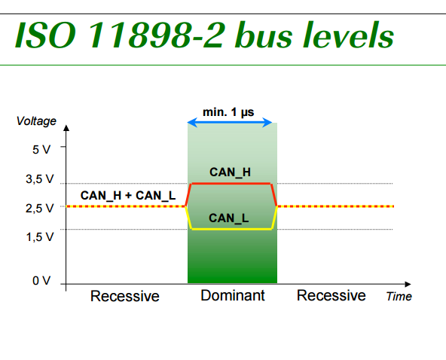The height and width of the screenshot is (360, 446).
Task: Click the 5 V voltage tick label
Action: pyautogui.click(x=42, y=149)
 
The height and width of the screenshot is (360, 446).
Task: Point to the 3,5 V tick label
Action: pyautogui.click(x=38, y=180)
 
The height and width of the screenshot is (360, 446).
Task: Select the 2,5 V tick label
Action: pyautogui.click(x=38, y=208)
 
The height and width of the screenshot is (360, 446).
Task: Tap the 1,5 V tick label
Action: pyautogui.click(x=38, y=237)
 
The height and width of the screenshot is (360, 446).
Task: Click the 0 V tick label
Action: pyautogui.click(x=41, y=282)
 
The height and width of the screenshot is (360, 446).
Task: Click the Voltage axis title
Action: pyautogui.click(x=36, y=121)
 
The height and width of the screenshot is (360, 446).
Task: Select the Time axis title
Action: pyautogui.click(x=399, y=297)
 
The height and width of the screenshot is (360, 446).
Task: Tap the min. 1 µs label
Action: pyautogui.click(x=228, y=112)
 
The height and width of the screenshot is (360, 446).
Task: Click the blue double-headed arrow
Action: pyautogui.click(x=230, y=123)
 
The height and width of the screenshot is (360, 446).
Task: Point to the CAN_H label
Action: pyautogui.click(x=231, y=172)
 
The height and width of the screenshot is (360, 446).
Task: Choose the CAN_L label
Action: pyautogui.click(x=229, y=218)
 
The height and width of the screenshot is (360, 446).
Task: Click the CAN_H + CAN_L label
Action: pyautogui.click(x=128, y=196)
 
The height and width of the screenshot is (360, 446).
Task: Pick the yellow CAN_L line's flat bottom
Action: pyautogui.click(x=231, y=229)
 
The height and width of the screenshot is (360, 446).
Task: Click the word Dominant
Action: pyautogui.click(x=233, y=295)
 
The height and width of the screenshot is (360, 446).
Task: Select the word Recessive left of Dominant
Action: pyautogui.click(x=125, y=296)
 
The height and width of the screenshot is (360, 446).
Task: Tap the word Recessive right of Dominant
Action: pyautogui.click(x=331, y=295)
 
